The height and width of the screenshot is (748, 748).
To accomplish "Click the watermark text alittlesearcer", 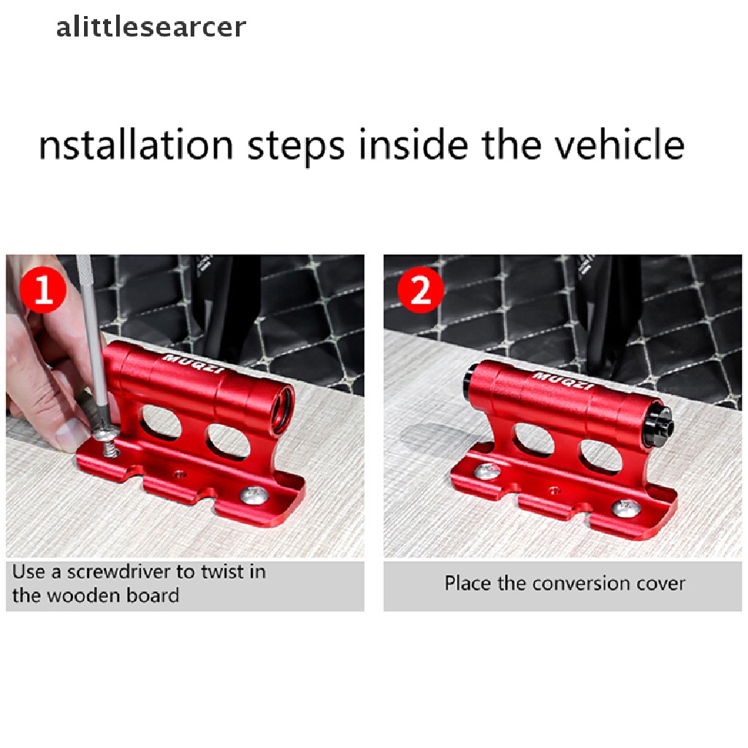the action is tap(150, 27).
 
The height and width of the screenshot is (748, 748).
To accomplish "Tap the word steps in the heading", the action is tap(296, 147).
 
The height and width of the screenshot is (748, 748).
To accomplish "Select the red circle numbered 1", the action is tap(43, 289).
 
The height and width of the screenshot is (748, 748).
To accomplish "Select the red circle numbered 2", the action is tap(421, 289).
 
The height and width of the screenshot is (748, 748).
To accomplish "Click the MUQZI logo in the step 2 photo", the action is tap(564, 380).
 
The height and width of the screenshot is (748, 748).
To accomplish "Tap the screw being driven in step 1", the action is tap(108, 440).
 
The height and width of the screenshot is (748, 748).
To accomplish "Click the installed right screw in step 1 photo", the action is tap(255, 495).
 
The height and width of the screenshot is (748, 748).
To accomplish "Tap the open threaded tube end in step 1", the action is tap(283, 408).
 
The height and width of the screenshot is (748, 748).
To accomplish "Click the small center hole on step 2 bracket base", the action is tap(554, 489).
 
